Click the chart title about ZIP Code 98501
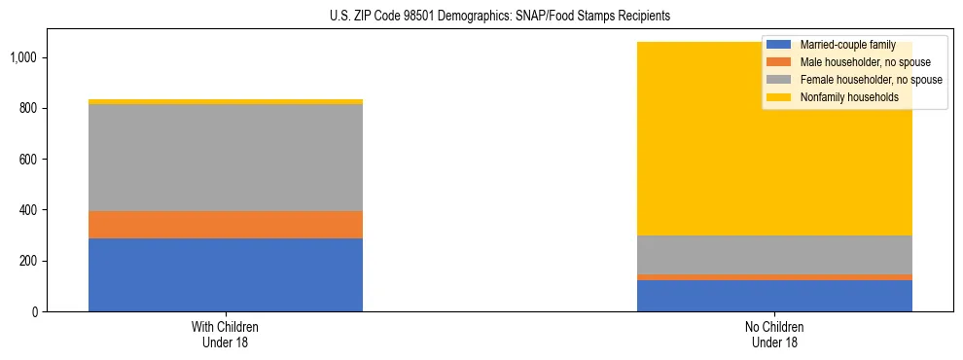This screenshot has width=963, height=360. [481, 17]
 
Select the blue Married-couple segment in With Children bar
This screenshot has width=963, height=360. [225, 274]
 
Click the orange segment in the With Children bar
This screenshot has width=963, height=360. [225, 225]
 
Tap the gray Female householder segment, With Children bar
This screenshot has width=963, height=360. [225, 158]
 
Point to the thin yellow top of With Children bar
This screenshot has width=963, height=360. [225, 101]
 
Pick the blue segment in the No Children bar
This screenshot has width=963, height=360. [774, 296]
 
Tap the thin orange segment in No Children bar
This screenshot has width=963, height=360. [774, 277]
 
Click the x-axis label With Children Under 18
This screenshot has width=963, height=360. [225, 334]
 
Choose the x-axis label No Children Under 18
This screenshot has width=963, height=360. [774, 334]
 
